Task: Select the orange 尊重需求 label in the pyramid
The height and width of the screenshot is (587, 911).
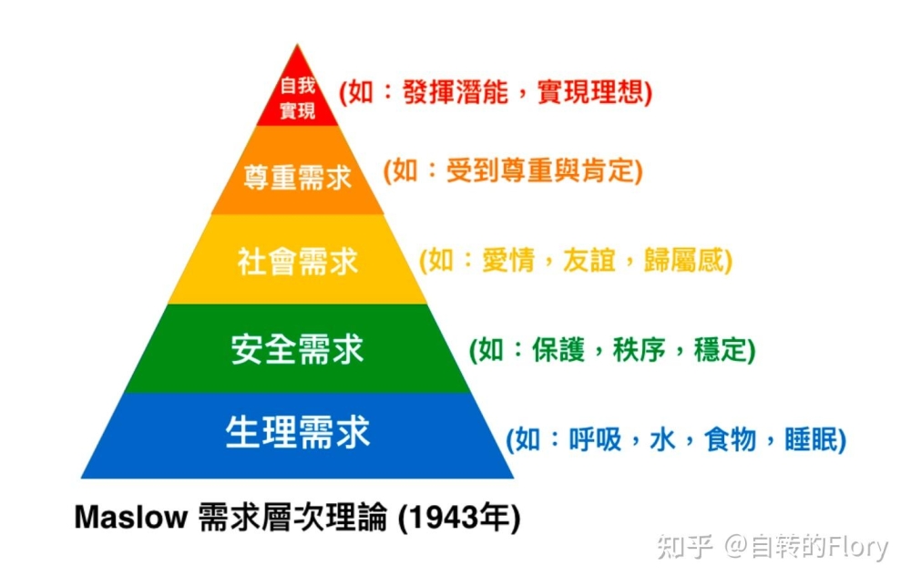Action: click(298, 177)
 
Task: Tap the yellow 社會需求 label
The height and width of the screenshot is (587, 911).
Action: click(298, 262)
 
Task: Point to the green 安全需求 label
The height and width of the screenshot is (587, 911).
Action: click(298, 349)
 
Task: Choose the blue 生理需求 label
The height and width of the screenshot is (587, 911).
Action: click(298, 432)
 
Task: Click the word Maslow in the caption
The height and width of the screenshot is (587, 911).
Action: click(131, 516)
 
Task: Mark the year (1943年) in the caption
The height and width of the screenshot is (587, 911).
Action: click(459, 517)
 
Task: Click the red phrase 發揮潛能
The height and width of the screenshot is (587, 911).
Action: click(455, 92)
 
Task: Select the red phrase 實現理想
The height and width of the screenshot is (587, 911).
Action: click(589, 92)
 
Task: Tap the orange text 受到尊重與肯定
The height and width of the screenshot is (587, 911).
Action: click(539, 170)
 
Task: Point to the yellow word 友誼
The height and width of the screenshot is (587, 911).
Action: click(589, 260)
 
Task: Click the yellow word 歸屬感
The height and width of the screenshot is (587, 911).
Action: click(683, 260)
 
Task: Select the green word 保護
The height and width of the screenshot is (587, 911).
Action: click(558, 350)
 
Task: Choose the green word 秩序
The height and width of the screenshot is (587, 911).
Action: click(640, 350)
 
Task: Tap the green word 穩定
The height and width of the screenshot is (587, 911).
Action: click(720, 350)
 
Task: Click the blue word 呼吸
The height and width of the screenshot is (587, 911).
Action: click(595, 439)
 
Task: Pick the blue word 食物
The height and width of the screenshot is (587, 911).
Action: click(731, 439)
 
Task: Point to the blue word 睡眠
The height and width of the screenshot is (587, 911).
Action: click(811, 439)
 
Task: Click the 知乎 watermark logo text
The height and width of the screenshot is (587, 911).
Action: click(686, 547)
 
